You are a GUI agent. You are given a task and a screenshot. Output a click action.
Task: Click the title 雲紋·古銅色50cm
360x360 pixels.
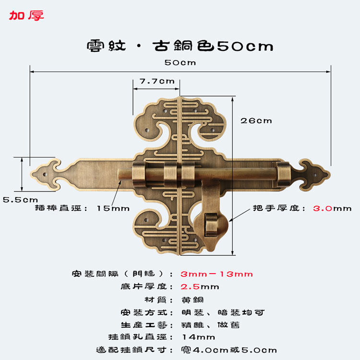(x=180, y=46)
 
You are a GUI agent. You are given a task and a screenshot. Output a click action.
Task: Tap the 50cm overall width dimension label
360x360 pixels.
(x=180, y=63)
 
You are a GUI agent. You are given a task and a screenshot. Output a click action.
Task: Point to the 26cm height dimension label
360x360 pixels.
(x=256, y=120)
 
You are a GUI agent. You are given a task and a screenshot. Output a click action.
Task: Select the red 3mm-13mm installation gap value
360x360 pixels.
(x=216, y=274)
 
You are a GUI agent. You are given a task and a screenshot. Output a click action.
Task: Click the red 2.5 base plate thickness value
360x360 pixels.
(x=189, y=287)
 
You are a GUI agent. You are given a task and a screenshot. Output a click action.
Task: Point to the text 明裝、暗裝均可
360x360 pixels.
(x=223, y=312)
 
